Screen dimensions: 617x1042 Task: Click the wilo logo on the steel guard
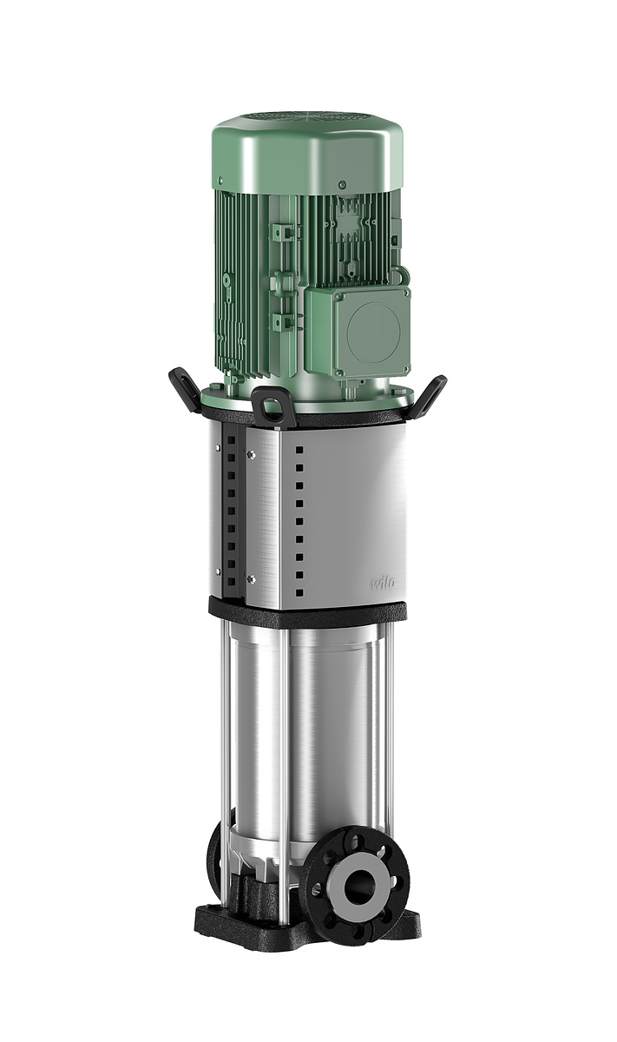point(382,583)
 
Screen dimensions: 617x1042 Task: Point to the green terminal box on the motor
point(358,333)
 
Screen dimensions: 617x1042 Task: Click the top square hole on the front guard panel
point(299,450)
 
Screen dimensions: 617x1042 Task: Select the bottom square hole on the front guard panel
point(299,592)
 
